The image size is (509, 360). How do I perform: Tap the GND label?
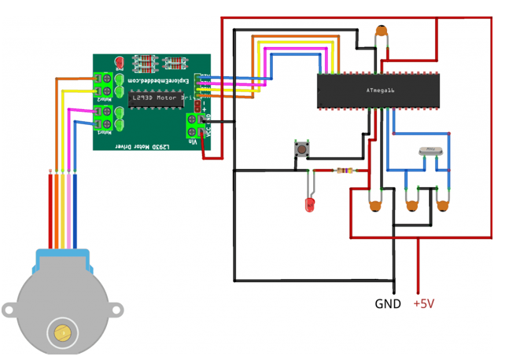tap(387, 304)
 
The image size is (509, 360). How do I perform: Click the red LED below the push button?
tap(309, 205)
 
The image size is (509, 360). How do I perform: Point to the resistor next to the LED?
tap(343, 170)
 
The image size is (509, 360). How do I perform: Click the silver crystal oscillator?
tap(429, 149)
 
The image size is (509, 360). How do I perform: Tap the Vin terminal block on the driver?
tap(193, 125)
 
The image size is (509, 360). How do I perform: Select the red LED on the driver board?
tap(120, 61)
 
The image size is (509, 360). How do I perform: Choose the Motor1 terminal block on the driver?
tap(102, 119)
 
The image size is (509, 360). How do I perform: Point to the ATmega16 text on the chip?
tap(380, 90)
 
